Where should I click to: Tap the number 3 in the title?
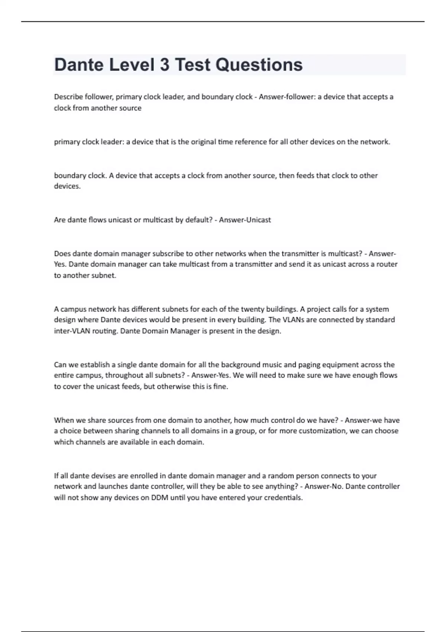(164, 65)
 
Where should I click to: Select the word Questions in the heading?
(259, 65)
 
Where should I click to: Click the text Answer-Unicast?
(245, 220)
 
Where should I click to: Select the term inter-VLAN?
(72, 331)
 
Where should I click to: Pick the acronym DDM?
(159, 497)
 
